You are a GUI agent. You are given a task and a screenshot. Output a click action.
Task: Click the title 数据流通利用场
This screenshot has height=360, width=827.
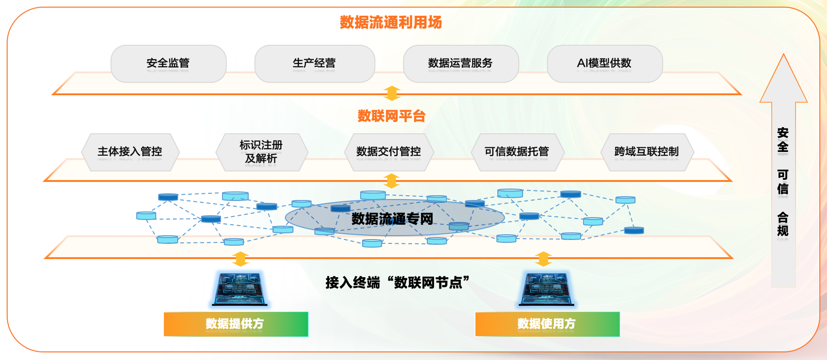point(391,22)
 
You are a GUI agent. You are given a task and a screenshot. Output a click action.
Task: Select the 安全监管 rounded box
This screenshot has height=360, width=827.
point(168,63)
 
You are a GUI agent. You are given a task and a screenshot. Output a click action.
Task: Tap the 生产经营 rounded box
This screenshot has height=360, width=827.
point(314,63)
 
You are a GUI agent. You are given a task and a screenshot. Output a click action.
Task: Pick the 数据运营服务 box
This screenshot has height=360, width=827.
point(460,63)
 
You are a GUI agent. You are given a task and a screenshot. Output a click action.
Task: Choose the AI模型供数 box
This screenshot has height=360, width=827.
point(604,63)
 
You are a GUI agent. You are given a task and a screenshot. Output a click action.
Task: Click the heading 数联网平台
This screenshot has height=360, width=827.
point(391,116)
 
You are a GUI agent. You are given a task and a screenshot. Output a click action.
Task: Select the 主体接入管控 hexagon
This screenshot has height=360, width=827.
point(130,152)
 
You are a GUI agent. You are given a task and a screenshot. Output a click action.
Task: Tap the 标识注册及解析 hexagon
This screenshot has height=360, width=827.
point(261,152)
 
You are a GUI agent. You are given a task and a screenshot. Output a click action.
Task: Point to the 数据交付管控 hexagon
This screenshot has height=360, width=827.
point(389,152)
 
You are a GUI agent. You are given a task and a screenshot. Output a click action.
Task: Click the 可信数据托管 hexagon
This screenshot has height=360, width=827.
point(517,152)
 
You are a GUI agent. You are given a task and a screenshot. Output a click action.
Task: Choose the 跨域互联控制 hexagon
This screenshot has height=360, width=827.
point(646,152)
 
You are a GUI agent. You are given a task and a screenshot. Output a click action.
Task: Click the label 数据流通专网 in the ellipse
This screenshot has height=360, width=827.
point(393,219)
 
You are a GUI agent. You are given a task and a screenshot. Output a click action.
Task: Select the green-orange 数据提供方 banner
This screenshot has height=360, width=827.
point(235,324)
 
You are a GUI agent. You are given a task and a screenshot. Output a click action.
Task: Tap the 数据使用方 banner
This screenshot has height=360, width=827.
point(547,324)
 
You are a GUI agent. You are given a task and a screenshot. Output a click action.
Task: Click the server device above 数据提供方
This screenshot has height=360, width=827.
point(240,289)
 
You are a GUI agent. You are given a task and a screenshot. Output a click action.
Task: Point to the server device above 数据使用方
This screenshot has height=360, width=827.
point(546,289)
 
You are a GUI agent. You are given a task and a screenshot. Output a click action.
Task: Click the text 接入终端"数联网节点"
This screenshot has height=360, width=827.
point(397,282)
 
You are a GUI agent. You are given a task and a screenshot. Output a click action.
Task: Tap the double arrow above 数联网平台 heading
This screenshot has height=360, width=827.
point(392,93)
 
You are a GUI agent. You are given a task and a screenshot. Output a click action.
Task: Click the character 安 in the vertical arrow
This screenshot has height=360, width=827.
point(783,133)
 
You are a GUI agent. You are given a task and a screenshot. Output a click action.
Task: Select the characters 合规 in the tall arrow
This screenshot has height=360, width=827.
point(783,224)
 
